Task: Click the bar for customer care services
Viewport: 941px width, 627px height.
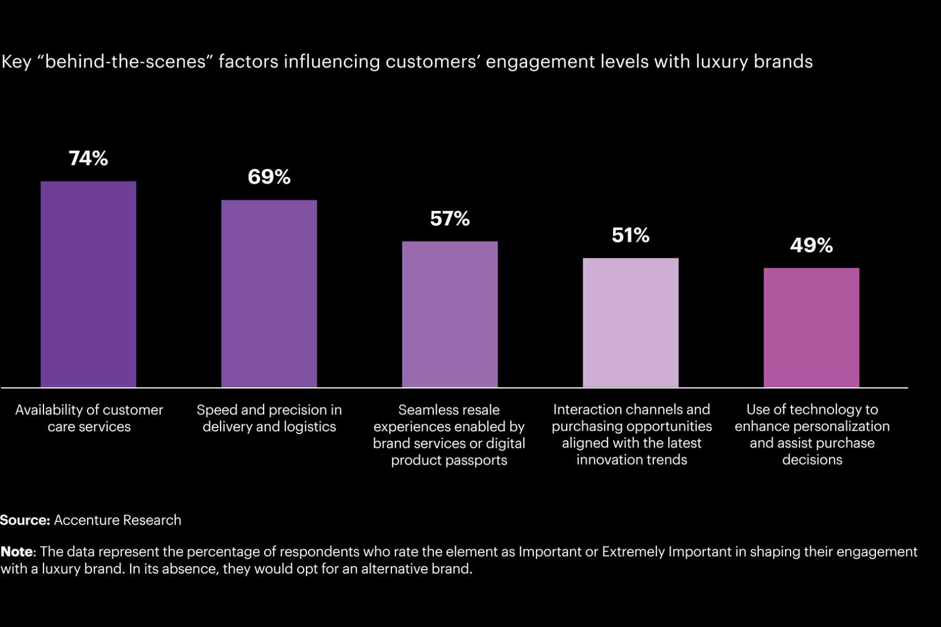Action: (88, 284)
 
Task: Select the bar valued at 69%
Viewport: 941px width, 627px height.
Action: (269, 293)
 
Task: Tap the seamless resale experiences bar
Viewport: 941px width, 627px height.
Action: (450, 314)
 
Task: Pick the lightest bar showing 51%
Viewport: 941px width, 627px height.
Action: (631, 322)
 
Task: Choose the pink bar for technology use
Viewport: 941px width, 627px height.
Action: (811, 327)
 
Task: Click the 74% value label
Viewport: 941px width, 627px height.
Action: (88, 159)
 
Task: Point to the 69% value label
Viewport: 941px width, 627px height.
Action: (269, 177)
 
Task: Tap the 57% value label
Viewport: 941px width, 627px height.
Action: (450, 219)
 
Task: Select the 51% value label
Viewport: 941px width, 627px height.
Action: (631, 235)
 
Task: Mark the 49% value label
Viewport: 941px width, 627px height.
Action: (811, 245)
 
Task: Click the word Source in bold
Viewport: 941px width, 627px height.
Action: (25, 520)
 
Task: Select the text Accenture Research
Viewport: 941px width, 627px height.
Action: (117, 520)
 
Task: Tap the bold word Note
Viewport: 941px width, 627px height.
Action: (17, 552)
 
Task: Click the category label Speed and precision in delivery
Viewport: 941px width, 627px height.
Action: (269, 418)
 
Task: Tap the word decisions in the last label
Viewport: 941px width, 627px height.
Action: (812, 460)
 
